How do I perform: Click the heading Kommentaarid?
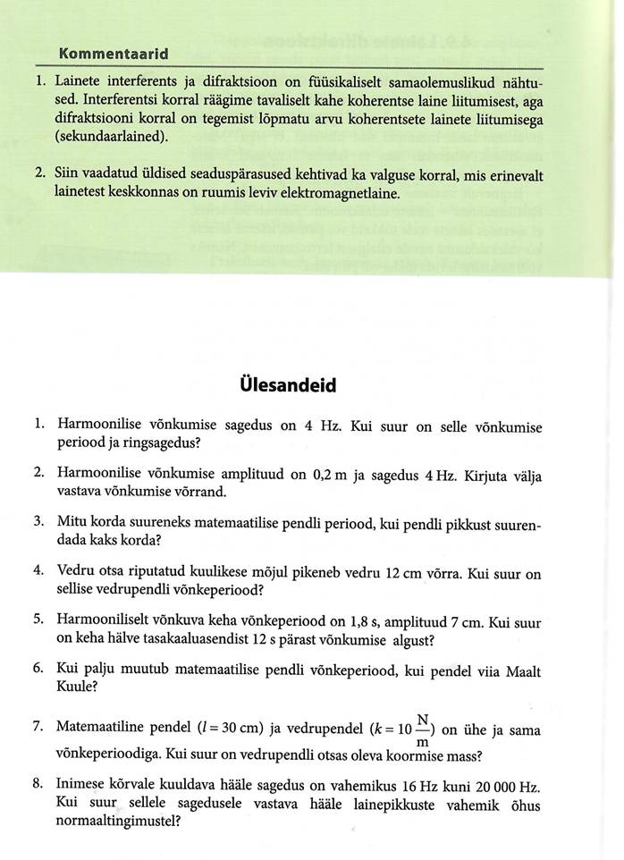114,55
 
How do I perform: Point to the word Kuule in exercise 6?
78,687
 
